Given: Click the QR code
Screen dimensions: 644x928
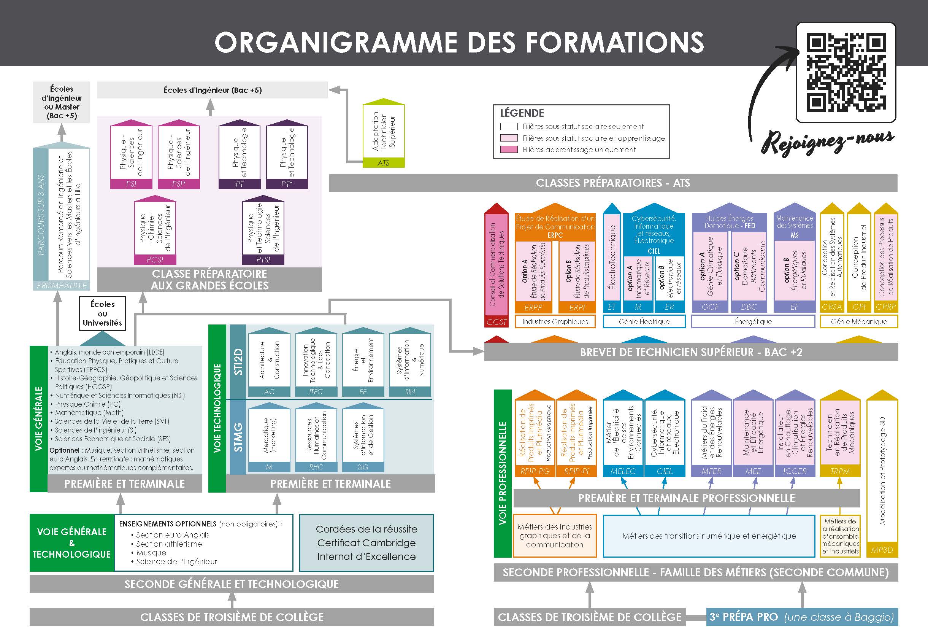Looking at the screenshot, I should (846, 73).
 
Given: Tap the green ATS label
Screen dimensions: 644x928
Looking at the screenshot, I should (383, 163).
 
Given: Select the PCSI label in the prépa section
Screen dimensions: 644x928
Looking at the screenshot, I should (155, 259).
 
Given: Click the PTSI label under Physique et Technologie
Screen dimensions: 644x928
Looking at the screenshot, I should (263, 259).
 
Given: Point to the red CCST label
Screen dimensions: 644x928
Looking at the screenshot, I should (496, 321).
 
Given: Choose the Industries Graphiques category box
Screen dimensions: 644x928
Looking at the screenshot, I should (555, 321).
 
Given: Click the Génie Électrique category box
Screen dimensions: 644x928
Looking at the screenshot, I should (644, 321).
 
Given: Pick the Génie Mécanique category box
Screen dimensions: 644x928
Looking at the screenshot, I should (859, 321).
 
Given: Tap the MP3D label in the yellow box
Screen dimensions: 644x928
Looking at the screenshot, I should (882, 550).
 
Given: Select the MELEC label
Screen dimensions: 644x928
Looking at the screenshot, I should (623, 471).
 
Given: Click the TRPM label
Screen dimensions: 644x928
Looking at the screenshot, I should (840, 471).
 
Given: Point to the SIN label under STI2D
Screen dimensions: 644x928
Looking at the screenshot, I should (410, 391).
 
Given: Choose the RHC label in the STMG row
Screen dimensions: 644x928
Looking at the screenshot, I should (316, 467).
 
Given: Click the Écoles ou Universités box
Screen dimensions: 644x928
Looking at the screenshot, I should (102, 313).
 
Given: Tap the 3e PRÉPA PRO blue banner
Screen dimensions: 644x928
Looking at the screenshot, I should (802, 617).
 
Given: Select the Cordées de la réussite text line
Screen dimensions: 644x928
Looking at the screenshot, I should (366, 529).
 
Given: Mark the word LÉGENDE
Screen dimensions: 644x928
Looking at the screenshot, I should (522, 113).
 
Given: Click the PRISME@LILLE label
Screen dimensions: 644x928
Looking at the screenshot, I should (62, 285).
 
